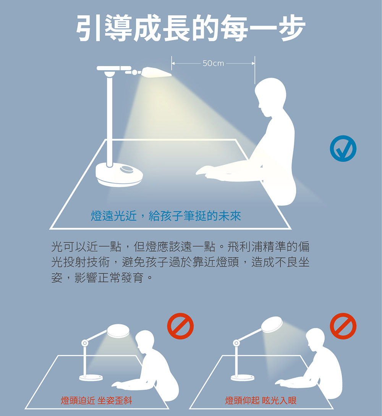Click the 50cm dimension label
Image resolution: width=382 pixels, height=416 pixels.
tap(213, 63)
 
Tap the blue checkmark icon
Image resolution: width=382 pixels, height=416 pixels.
tap(343, 148)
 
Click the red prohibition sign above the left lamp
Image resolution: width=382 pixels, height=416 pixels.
tap(180, 326)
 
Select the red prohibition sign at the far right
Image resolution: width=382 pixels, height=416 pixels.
tap(343, 326)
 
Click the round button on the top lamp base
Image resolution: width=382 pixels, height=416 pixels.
tap(126, 169)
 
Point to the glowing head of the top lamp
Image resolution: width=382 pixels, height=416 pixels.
tap(157, 73)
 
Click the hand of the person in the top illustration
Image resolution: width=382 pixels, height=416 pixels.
tap(206, 171)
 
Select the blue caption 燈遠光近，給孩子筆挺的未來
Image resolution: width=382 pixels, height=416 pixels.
tap(166, 216)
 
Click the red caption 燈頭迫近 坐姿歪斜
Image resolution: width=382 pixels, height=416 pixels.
tap(96, 400)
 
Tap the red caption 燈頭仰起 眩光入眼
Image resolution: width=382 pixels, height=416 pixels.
tap(261, 400)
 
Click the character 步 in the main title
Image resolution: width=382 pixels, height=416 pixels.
tap(291, 28)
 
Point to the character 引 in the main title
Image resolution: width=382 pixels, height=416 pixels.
tap(89, 28)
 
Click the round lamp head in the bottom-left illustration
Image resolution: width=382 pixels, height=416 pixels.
tap(118, 331)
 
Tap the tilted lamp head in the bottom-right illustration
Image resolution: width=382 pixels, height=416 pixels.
tap(272, 324)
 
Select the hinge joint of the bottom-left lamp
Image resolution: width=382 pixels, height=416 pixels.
tap(85, 343)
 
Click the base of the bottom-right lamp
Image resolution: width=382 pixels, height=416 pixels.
tap(243, 377)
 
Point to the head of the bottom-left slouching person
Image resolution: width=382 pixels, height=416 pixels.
tap(145, 341)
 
